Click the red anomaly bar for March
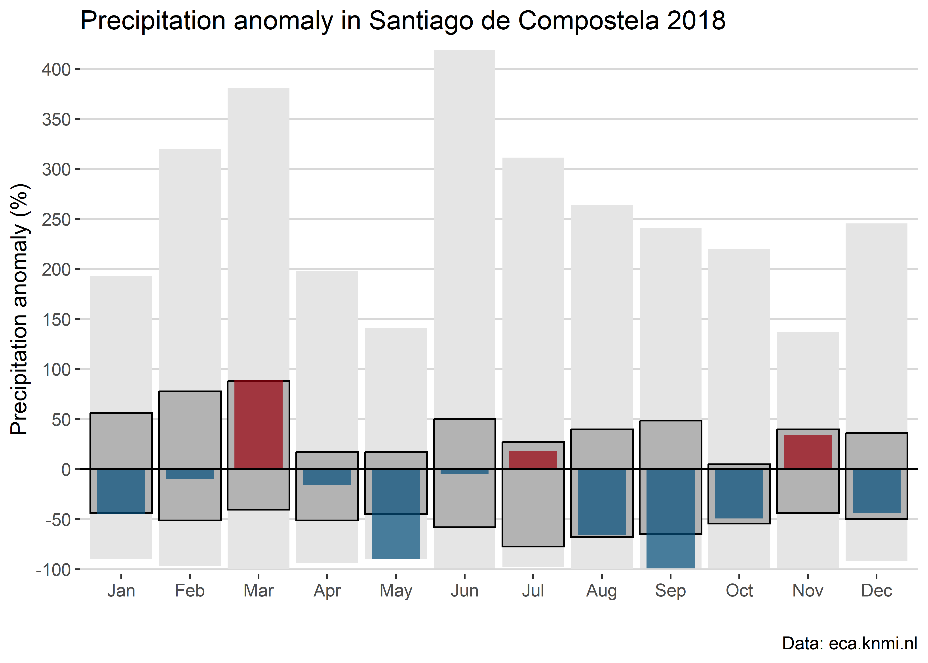pos(258,425)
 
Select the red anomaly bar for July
pos(533,460)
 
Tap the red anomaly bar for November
pos(808,452)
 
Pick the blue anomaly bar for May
pos(396,514)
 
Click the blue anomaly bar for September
pos(671,518)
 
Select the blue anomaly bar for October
pos(739,494)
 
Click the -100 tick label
pos(53,570)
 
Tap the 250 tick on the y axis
pos(56,220)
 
